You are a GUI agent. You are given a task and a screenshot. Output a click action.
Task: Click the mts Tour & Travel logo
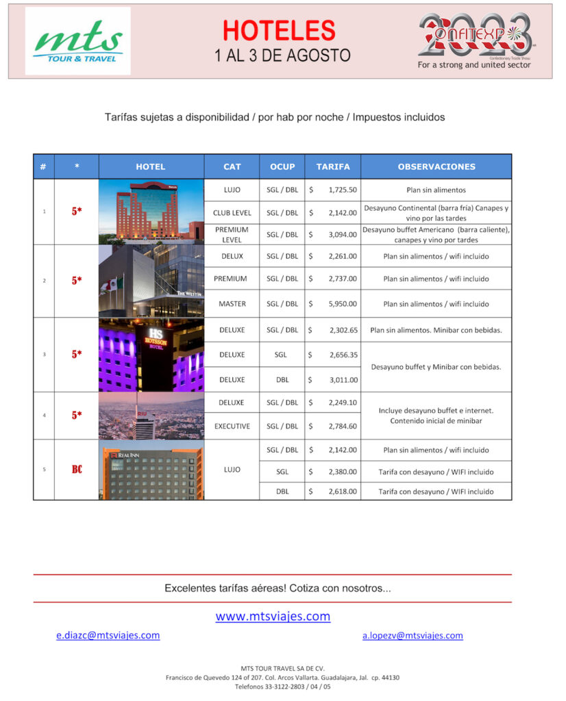(x=77, y=40)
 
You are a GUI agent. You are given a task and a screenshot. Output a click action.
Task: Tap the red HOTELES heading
(x=279, y=31)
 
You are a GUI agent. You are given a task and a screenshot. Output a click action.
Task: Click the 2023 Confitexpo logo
(x=475, y=39)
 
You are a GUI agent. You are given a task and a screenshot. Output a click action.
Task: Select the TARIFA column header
(x=333, y=166)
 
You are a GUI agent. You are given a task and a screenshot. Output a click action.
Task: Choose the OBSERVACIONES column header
(x=436, y=166)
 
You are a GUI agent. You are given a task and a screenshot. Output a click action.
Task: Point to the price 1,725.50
(x=342, y=190)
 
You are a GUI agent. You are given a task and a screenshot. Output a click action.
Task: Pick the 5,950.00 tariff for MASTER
(x=342, y=303)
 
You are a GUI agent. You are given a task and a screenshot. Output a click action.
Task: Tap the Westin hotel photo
(x=151, y=281)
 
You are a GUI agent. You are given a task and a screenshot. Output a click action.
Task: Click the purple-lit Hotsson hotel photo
(x=151, y=355)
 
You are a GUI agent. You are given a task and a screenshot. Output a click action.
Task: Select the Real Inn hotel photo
(x=151, y=470)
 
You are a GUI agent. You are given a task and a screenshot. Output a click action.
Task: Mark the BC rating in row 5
(x=77, y=470)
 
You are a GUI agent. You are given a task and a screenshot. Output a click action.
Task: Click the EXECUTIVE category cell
(x=232, y=426)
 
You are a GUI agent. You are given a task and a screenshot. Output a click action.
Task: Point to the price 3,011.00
(x=342, y=379)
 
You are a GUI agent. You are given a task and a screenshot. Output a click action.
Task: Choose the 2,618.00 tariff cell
(x=342, y=492)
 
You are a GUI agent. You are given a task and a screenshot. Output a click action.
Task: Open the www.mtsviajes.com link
(x=273, y=616)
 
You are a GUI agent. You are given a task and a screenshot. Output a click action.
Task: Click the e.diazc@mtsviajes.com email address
(x=108, y=635)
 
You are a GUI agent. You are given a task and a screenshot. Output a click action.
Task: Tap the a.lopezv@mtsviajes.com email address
(x=413, y=635)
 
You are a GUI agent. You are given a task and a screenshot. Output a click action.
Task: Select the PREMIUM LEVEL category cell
(x=232, y=234)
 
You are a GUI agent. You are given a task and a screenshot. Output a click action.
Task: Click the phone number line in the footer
(x=282, y=686)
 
